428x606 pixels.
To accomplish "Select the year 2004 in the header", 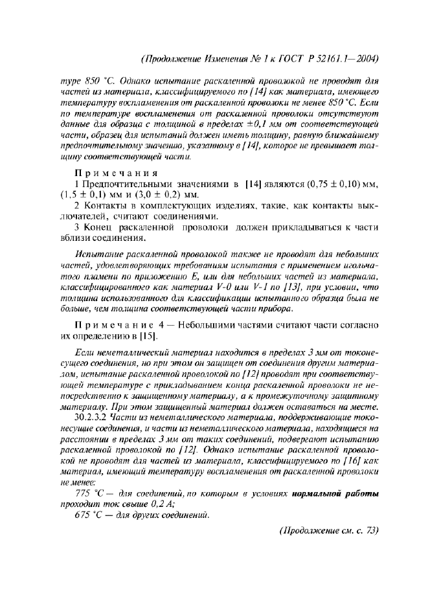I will pyautogui.click(x=366, y=60).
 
